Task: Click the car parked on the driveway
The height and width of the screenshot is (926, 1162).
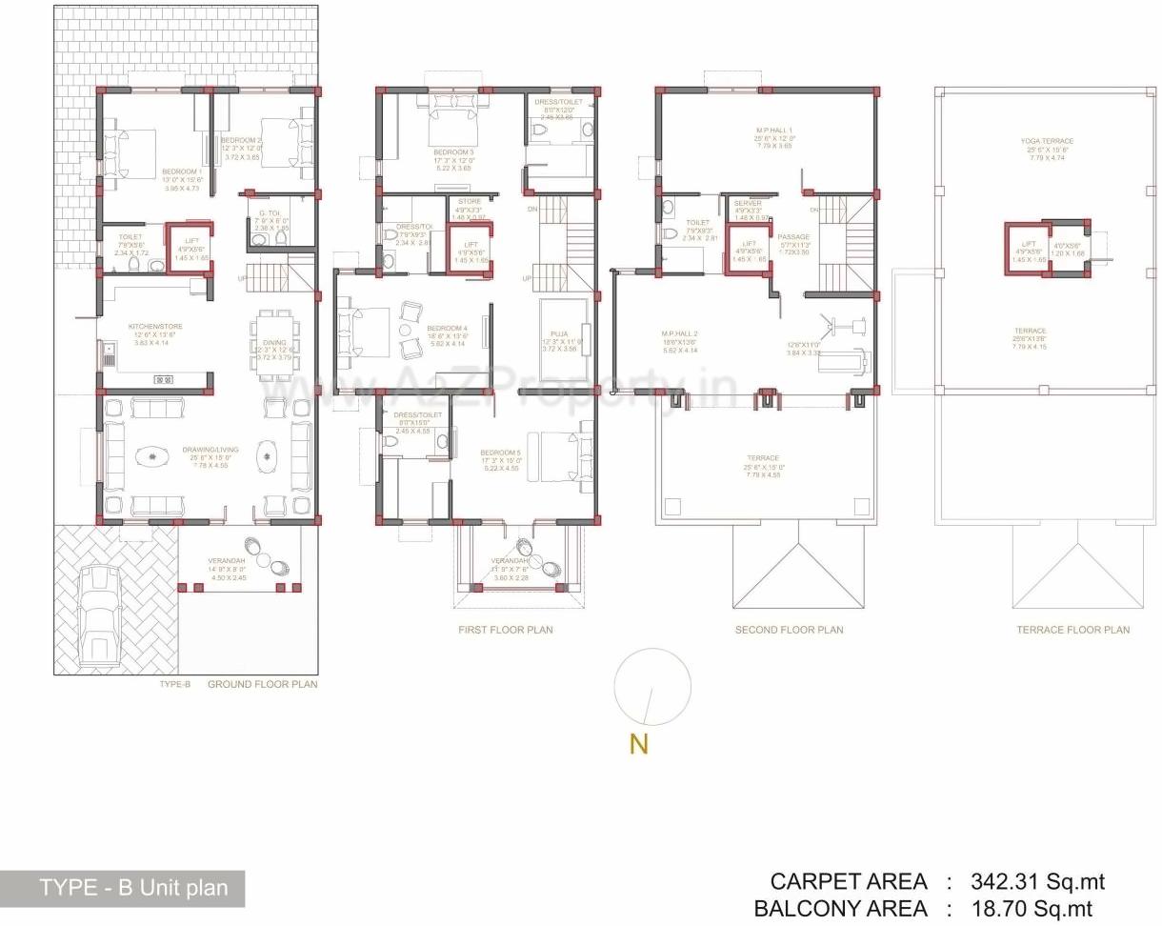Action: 100,614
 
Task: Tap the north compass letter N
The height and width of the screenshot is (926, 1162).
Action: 638,744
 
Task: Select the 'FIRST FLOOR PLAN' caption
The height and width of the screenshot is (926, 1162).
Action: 505,630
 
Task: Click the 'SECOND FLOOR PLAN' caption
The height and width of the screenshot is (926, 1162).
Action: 789,630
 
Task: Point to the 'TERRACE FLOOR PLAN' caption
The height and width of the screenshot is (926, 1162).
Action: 1072,630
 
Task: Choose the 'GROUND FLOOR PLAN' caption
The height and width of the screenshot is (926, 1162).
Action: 263,684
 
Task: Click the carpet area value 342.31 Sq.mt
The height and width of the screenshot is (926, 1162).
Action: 1038,881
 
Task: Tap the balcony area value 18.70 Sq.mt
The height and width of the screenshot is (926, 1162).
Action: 1032,909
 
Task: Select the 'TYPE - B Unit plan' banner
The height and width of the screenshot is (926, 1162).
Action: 133,888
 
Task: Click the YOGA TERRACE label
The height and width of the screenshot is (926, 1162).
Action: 1047,141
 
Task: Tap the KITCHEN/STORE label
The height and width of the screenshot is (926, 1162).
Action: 155,327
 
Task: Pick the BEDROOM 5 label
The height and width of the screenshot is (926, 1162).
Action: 500,453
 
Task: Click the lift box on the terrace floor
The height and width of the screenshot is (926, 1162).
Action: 1024,249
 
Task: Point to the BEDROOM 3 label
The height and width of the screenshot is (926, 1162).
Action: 453,152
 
